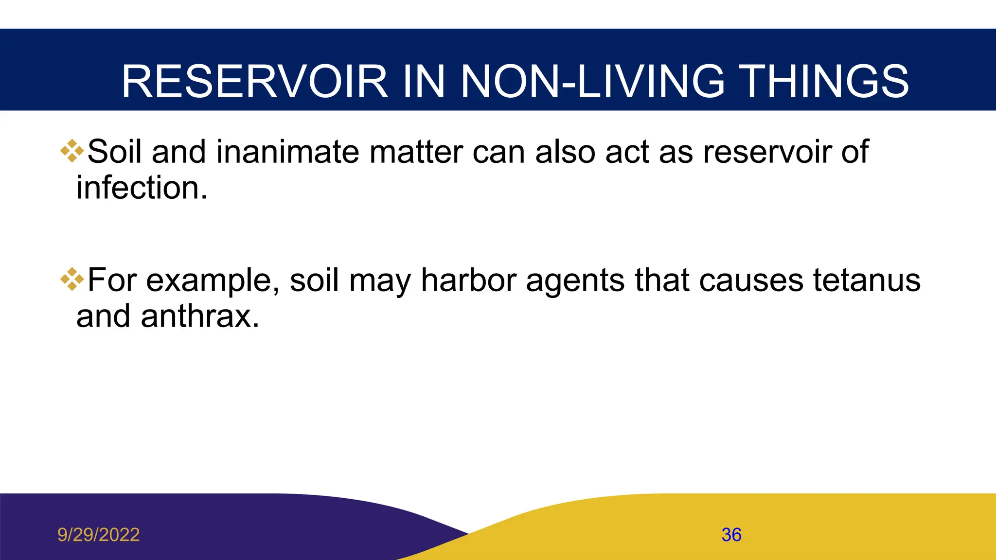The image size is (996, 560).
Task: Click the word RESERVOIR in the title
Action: (254, 82)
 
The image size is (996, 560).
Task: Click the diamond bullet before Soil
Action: (72, 151)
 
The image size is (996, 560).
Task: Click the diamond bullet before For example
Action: (72, 279)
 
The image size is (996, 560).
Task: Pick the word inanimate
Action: (287, 152)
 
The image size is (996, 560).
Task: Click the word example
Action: (213, 281)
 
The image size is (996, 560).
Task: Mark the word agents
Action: (575, 281)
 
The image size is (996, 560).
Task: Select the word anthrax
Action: (199, 316)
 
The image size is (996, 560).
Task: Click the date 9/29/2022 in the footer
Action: (99, 535)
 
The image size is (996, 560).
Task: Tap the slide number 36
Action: (731, 535)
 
